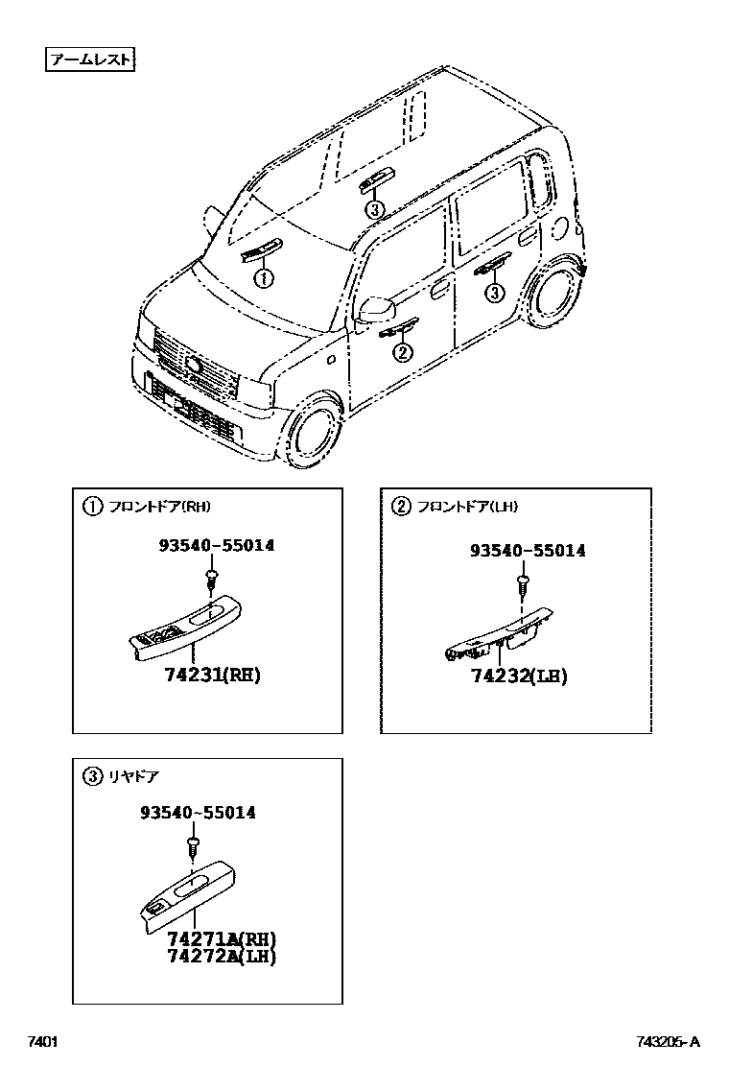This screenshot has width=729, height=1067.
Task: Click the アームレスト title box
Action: point(89,61)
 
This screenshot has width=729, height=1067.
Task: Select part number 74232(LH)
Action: point(518,676)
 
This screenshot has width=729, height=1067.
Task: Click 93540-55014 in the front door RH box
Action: point(216,545)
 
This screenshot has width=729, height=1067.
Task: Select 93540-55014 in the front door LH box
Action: point(527,551)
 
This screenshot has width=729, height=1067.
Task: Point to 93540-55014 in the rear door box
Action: point(198,813)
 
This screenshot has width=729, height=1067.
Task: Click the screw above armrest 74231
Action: point(210,579)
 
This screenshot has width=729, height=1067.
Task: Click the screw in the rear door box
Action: point(192,845)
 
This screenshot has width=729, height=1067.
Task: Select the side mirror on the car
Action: point(377,310)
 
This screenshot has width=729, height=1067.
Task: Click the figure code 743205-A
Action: point(668,1042)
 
